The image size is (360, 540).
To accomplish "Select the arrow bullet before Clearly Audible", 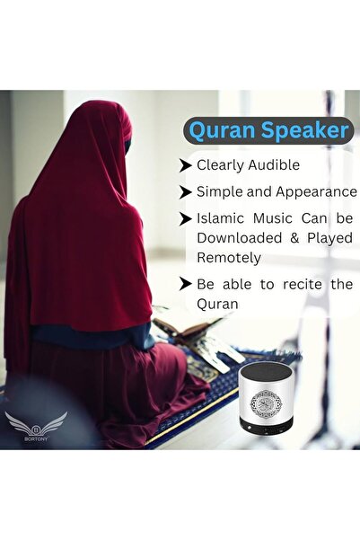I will [x=186, y=165].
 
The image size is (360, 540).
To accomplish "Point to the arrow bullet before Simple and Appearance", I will [x=186, y=191].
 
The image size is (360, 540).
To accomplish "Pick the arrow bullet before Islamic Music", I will [x=186, y=218].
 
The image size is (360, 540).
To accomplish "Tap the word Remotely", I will [x=229, y=258].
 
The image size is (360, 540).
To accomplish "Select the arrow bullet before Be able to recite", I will [x=186, y=285].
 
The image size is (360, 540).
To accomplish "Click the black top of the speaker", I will [x=268, y=369].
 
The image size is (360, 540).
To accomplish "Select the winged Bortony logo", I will [x=35, y=426].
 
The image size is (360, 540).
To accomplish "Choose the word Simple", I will [x=220, y=191].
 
